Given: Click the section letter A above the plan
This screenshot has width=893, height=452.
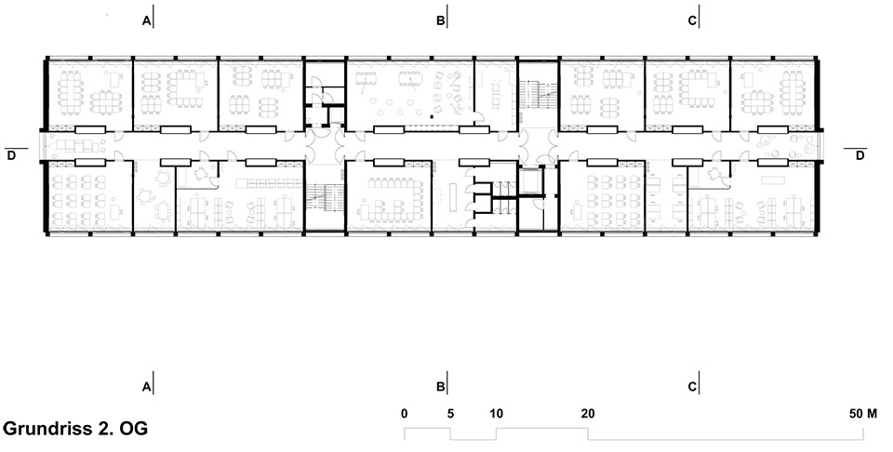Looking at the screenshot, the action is click(146, 21).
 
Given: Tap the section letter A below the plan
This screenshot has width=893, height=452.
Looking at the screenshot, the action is click(146, 387).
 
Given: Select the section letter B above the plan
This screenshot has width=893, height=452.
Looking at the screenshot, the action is click(440, 21).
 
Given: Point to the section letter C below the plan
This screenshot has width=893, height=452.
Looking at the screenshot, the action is click(692, 387).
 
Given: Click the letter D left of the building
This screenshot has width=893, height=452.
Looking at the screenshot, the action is click(11, 154).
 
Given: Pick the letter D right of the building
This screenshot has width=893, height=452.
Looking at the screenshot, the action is click(860, 154).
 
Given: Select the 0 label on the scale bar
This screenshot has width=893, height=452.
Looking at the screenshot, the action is click(405, 414).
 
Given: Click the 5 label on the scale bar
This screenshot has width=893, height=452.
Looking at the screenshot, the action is click(450, 414).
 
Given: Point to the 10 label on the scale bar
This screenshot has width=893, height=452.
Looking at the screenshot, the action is click(496, 414).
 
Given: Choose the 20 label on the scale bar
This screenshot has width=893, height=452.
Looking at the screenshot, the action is click(588, 414).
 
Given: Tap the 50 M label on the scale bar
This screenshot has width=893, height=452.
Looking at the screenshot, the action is click(863, 414).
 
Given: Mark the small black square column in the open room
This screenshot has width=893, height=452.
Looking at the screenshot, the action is click(433, 116).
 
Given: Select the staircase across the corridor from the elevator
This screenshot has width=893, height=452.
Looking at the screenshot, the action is click(538, 95).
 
